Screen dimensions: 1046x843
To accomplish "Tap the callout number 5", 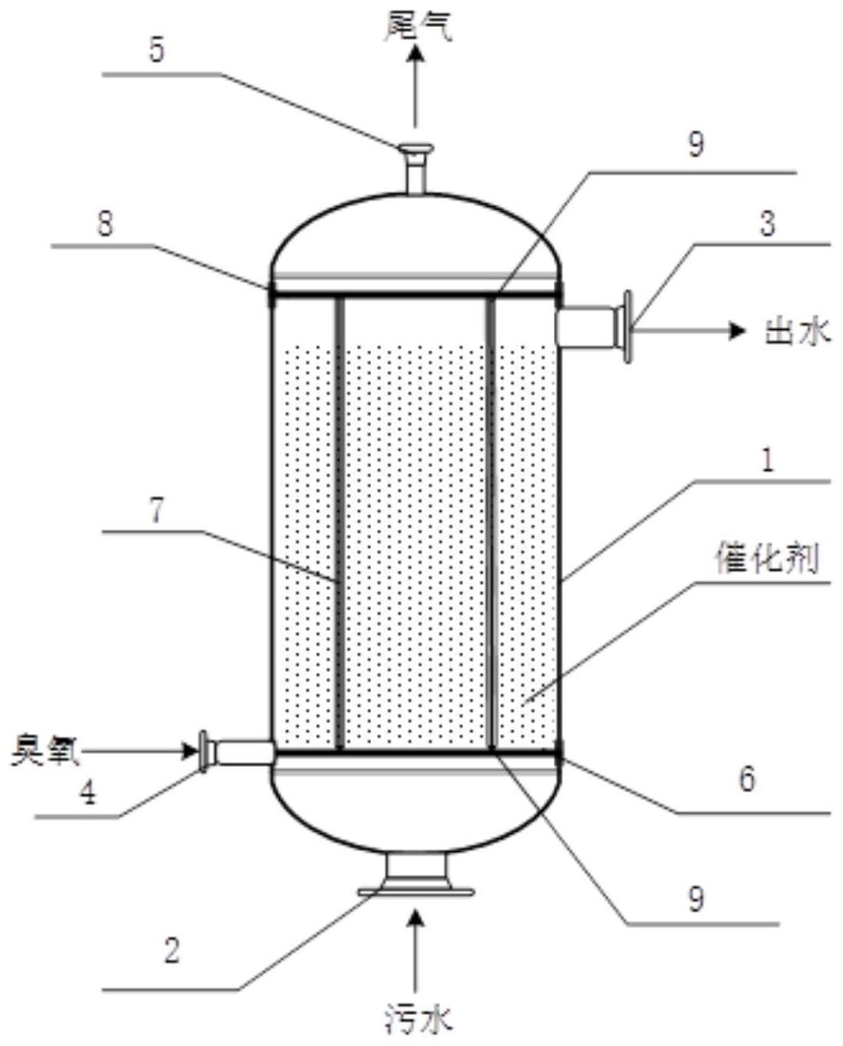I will [x=156, y=51].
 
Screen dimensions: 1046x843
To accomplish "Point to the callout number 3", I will [x=767, y=223].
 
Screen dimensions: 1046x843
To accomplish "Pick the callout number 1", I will [x=767, y=463].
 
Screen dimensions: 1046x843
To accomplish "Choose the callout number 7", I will [x=156, y=510].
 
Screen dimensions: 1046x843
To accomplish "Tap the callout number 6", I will [x=746, y=779].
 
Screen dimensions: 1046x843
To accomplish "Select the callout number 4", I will [x=86, y=792].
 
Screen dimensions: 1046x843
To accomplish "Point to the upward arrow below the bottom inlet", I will [x=417, y=949].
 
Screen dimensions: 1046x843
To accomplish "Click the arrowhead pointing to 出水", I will [x=739, y=330].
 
